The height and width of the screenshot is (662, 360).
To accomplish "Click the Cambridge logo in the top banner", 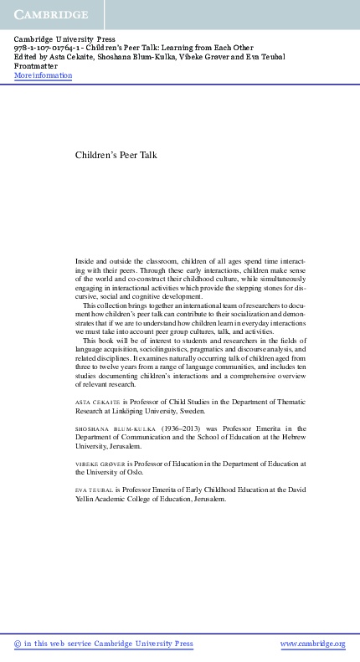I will click(x=50, y=15).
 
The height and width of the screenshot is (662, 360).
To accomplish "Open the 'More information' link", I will click(x=44, y=76).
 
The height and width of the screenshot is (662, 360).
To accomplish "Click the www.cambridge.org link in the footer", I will click(x=312, y=644).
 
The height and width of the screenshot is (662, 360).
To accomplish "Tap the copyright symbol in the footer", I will click(x=18, y=644).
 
